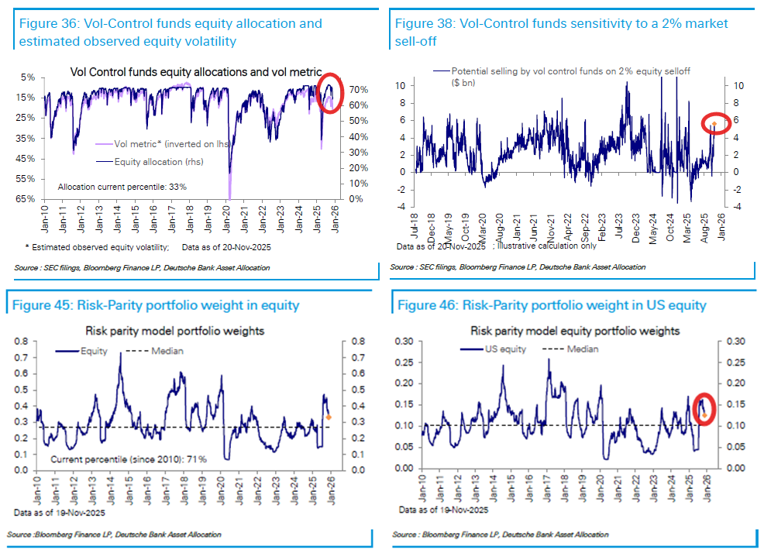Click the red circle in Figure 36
click(x=329, y=93)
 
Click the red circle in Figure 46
click(x=703, y=409)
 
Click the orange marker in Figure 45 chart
click(x=329, y=418)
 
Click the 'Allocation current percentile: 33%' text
click(x=122, y=187)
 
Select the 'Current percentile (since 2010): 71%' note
click(x=129, y=459)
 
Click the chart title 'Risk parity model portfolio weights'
click(x=174, y=332)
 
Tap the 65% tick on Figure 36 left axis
click(x=24, y=199)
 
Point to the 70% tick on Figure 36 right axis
click(x=358, y=90)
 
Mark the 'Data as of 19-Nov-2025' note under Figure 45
click(x=55, y=513)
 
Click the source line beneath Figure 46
click(x=500, y=535)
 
